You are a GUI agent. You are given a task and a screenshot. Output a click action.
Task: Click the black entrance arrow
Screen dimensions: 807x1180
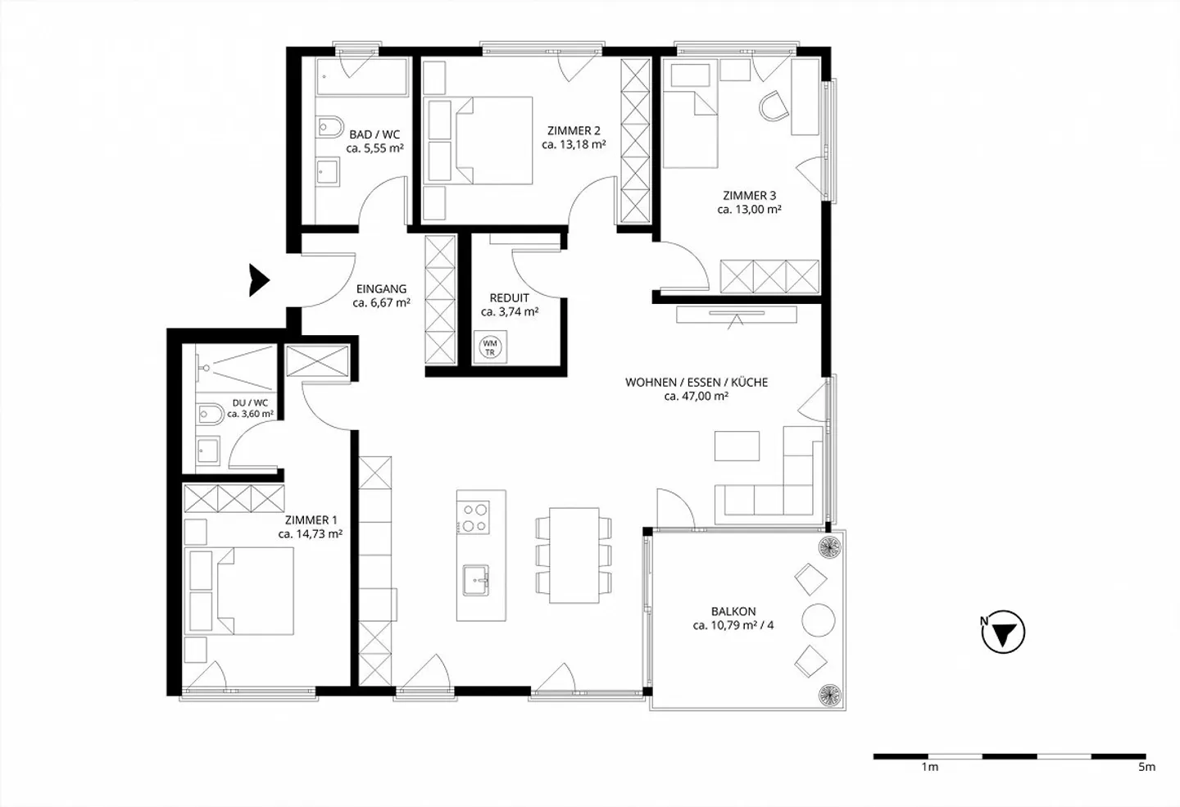259,280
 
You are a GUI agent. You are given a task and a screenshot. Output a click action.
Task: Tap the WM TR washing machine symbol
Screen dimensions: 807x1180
490,347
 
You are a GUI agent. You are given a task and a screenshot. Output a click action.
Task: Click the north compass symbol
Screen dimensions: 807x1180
1002,632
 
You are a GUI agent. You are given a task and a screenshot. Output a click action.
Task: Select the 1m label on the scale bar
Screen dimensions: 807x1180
929,767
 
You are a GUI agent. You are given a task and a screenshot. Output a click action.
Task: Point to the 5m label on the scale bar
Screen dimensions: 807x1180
1146,767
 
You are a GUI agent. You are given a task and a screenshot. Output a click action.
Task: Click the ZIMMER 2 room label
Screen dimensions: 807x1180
574,130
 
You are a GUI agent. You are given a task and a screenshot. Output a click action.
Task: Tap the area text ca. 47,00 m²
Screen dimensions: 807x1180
697,397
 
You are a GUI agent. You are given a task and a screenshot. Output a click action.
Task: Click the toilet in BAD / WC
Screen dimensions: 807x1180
330,128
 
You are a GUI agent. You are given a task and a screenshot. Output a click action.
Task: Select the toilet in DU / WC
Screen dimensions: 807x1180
210,415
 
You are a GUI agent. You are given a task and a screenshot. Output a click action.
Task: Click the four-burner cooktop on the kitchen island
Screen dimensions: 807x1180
474,517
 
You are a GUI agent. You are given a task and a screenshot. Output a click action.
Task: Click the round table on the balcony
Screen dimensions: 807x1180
818,619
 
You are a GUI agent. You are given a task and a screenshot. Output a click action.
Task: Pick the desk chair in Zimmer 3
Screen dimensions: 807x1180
773,106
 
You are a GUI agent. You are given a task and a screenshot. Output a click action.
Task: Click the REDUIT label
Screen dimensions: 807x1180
509,297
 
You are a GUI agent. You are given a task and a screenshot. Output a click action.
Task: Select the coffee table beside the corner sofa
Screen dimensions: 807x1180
737,446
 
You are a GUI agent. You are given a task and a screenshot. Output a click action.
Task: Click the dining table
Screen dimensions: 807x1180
574,555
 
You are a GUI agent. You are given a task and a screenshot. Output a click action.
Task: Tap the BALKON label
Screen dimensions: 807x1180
733,611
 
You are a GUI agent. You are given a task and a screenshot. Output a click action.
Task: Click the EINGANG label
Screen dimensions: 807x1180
381,288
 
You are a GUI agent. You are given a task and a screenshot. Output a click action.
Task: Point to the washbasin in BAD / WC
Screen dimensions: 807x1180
330,171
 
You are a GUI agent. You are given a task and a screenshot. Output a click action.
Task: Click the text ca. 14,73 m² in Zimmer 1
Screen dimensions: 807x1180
310,534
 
